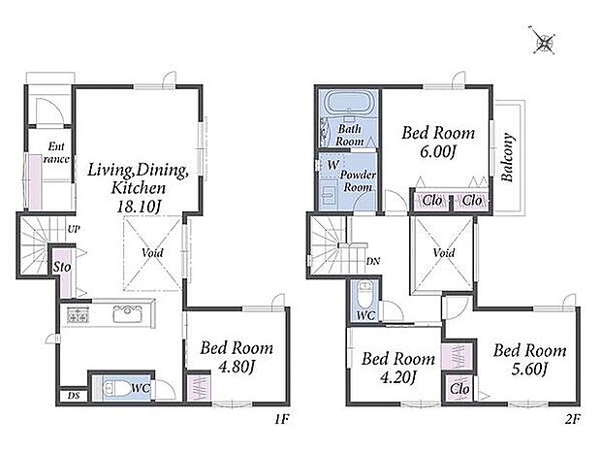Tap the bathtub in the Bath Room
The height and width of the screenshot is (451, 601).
click(x=348, y=102)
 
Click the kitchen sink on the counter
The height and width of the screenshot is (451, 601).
click(x=128, y=314)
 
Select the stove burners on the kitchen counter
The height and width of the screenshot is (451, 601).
click(x=78, y=315)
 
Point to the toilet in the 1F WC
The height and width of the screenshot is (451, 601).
click(x=116, y=389)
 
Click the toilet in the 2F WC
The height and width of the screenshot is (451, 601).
click(x=364, y=295)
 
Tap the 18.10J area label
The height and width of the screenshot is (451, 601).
click(x=139, y=208)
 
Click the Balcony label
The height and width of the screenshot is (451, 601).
click(x=508, y=157)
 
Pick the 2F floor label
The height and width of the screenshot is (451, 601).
click(x=573, y=420)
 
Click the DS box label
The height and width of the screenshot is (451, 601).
click(x=74, y=396)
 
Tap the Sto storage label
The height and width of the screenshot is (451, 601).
click(x=62, y=267)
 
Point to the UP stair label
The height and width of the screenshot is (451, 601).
click(x=74, y=229)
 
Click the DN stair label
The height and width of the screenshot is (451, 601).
click(x=372, y=262)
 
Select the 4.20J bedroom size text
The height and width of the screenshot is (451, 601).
click(x=397, y=377)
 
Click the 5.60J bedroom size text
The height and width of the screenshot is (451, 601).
click(x=529, y=370)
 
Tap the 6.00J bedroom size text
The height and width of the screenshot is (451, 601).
click(x=438, y=152)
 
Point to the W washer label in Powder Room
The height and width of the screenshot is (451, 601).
click(x=333, y=165)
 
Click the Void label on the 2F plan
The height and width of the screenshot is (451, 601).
click(x=444, y=253)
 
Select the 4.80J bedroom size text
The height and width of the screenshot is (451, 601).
click(x=237, y=367)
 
